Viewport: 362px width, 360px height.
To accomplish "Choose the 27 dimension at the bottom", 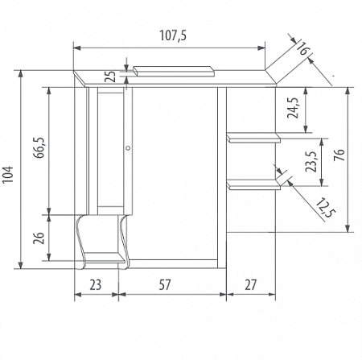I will [x=251, y=283].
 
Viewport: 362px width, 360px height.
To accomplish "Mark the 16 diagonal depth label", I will [x=302, y=50].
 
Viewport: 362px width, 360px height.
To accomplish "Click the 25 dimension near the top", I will [x=110, y=77].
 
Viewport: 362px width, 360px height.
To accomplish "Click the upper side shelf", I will [x=253, y=138].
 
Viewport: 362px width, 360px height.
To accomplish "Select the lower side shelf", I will [x=253, y=185].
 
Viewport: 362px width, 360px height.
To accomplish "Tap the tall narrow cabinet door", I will [x=112, y=149].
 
